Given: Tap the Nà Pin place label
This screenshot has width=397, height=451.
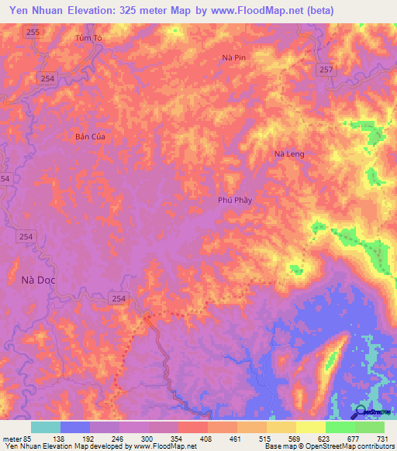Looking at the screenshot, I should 233,58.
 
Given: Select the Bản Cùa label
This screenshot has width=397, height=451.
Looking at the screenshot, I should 90,136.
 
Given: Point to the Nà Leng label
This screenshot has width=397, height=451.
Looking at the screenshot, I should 290,154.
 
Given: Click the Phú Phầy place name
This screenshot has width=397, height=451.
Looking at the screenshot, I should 236,199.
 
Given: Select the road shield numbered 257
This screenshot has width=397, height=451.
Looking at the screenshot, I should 326,70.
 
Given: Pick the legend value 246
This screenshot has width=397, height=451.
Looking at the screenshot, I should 119,438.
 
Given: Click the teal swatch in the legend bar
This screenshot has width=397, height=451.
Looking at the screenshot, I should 46,427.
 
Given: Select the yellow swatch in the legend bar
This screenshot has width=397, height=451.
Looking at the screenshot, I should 310,427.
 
